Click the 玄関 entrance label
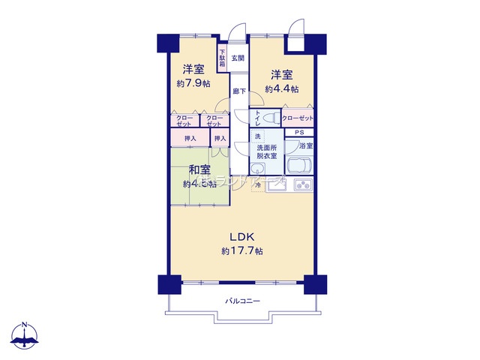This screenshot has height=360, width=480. pos(237,58)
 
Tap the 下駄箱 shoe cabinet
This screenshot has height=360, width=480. pos(223,58)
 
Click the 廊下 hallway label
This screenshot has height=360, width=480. pos(238,91)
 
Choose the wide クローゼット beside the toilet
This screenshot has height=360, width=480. pos(298,118)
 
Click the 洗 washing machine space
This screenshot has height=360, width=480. pos(257,136)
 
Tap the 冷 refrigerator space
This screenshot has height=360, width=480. pos(257,184)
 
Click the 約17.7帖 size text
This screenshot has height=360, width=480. pos(241,250)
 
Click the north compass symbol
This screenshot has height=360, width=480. pos(25,337)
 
